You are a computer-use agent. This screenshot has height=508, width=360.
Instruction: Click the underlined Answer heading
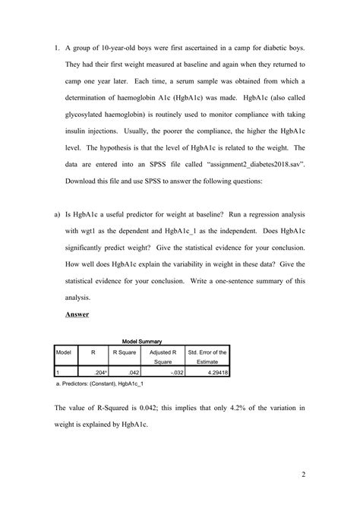[x=77, y=314]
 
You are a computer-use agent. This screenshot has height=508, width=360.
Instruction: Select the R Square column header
[x=124, y=352]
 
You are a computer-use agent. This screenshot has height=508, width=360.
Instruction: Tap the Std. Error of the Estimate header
[x=207, y=357]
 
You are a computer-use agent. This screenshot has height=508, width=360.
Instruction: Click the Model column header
[x=63, y=352]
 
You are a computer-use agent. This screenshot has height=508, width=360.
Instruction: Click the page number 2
[x=302, y=475]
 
